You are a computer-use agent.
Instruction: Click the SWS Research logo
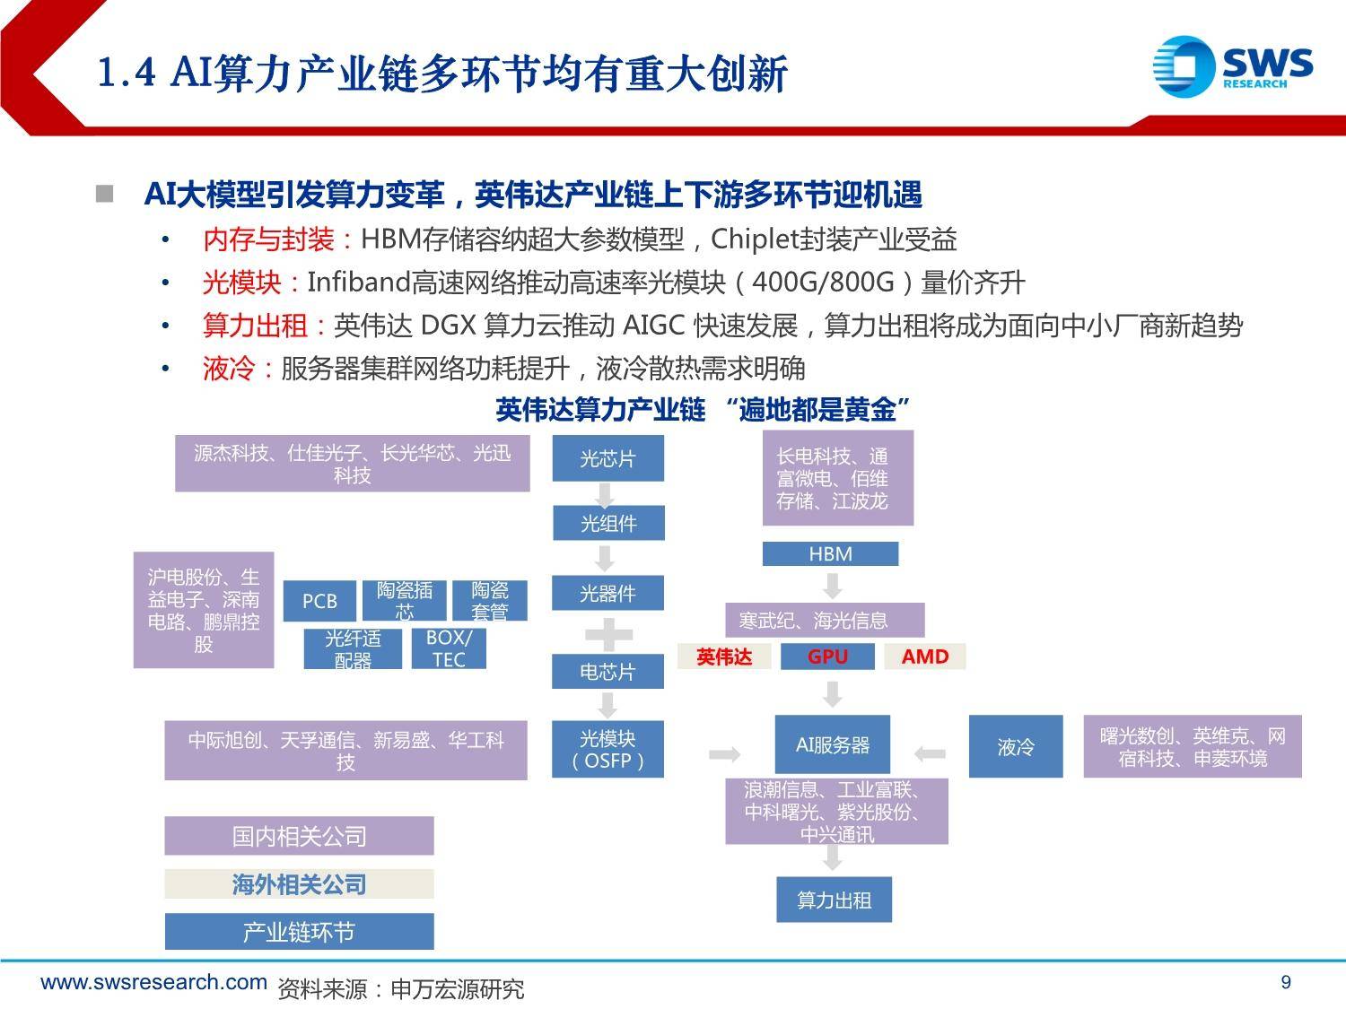(1233, 66)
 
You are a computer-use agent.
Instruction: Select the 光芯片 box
(607, 457)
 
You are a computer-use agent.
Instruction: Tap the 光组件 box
(608, 523)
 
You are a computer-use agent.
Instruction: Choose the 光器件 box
(607, 593)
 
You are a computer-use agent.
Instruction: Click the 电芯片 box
(607, 672)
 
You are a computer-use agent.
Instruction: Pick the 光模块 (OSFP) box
(607, 749)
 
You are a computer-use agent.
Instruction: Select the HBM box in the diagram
(830, 553)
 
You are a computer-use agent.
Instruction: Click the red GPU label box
(827, 657)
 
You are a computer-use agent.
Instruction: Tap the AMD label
(925, 657)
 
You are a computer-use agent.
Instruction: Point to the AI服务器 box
(832, 744)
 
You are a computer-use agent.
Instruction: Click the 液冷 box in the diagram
(1016, 746)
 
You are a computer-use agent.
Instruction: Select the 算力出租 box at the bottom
(834, 900)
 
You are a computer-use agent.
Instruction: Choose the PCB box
(319, 600)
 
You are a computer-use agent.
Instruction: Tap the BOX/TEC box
(449, 648)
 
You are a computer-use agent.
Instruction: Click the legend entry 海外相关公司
(299, 884)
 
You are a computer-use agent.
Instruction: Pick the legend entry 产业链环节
(299, 932)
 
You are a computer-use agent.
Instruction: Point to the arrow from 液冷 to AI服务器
(930, 753)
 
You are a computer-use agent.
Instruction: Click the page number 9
(1286, 982)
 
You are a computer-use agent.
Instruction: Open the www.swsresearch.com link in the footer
(154, 982)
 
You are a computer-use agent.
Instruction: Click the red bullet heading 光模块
(241, 283)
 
